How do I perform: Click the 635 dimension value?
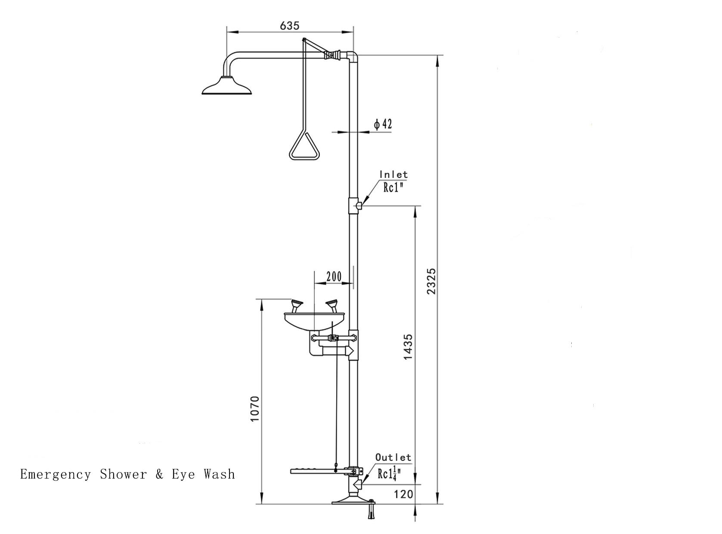pyautogui.click(x=289, y=26)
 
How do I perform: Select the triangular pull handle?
pyautogui.click(x=304, y=146)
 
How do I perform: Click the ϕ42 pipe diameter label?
pyautogui.click(x=383, y=124)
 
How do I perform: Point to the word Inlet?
pyautogui.click(x=393, y=174)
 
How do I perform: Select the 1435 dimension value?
pyautogui.click(x=407, y=347)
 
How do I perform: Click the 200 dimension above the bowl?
pyautogui.click(x=334, y=276)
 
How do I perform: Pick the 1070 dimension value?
pyautogui.click(x=255, y=409)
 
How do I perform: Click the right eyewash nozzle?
pyautogui.click(x=332, y=306)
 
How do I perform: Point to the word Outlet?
pyautogui.click(x=393, y=457)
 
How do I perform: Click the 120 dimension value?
pyautogui.click(x=403, y=494)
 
